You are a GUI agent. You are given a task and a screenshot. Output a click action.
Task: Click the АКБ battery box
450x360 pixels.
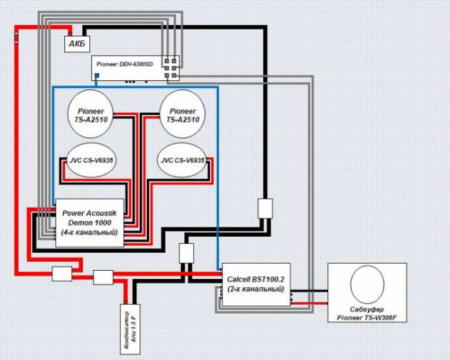click(78, 44)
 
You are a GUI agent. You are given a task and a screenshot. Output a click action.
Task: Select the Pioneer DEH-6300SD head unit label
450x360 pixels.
click(125, 64)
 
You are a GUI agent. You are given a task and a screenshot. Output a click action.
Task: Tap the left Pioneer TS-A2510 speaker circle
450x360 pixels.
click(91, 114)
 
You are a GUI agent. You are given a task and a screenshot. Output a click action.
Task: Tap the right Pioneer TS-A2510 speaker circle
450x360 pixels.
click(182, 114)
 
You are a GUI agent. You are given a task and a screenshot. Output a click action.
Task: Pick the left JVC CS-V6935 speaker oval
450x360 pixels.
click(91, 160)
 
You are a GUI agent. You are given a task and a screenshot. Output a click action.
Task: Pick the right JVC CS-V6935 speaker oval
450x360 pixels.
click(182, 160)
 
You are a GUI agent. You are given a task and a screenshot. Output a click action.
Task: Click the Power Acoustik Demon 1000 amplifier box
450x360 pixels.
click(89, 223)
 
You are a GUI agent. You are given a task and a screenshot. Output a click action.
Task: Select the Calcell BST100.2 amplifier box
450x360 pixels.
click(256, 285)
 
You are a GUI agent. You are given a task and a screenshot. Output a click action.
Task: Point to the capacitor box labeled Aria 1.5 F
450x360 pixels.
click(130, 329)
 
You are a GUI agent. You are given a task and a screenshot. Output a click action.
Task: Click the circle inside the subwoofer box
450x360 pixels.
click(367, 285)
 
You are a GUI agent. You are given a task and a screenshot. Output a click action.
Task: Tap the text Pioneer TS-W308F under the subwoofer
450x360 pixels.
click(367, 318)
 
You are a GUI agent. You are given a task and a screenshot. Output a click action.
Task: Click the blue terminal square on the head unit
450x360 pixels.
click(97, 75)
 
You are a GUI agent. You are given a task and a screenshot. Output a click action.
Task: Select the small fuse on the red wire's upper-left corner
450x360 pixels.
click(17, 37)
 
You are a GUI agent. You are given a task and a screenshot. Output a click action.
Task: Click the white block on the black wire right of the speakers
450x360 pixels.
click(265, 208)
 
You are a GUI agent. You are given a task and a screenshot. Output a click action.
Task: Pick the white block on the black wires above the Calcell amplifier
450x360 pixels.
click(186, 253)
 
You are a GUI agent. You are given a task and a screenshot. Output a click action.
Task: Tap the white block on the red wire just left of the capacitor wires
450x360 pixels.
click(103, 278)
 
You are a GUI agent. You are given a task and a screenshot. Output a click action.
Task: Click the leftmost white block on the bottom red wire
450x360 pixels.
click(62, 274)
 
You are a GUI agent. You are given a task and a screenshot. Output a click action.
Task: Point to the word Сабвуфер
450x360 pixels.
click(367, 309)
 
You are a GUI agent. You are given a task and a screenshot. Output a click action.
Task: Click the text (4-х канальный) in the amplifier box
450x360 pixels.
click(89, 232)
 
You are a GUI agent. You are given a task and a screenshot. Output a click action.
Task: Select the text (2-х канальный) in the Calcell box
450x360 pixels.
click(256, 289)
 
